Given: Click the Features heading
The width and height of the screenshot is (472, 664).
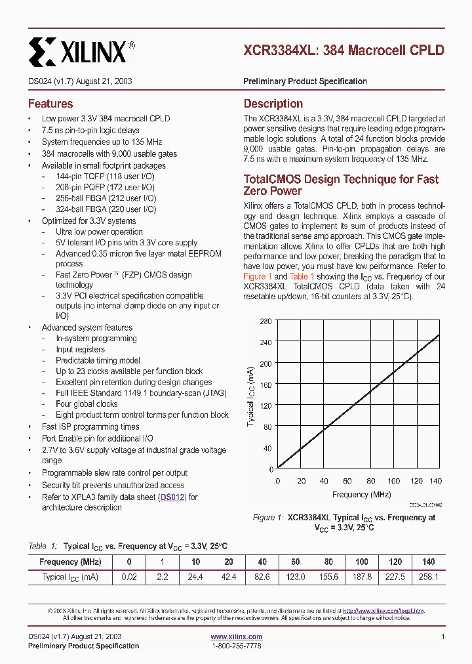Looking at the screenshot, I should pyautogui.click(x=50, y=104).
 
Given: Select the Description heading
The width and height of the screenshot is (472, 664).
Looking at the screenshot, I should pyautogui.click(x=273, y=104).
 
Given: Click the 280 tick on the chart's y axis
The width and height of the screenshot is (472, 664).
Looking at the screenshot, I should pyautogui.click(x=265, y=321).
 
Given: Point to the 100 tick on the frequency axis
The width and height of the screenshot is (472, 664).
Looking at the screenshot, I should pyautogui.click(x=393, y=481).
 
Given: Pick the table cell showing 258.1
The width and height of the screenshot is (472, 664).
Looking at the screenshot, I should pyautogui.click(x=428, y=577).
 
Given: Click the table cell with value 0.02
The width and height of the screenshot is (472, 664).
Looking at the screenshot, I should pyautogui.click(x=129, y=577).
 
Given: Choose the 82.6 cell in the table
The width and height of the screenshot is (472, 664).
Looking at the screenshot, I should pyautogui.click(x=262, y=577).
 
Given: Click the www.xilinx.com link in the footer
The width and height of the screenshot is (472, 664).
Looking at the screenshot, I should pyautogui.click(x=237, y=636).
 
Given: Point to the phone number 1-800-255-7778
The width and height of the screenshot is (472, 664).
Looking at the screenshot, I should pyautogui.click(x=237, y=646).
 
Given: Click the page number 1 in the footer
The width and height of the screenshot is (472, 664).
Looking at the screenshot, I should pyautogui.click(x=443, y=636).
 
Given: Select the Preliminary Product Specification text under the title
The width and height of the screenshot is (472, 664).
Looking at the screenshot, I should pyautogui.click(x=305, y=81).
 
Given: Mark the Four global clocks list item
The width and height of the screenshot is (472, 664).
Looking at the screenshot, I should pyautogui.click(x=87, y=404).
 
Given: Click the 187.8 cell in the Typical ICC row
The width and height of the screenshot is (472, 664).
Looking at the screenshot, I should pyautogui.click(x=362, y=577).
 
